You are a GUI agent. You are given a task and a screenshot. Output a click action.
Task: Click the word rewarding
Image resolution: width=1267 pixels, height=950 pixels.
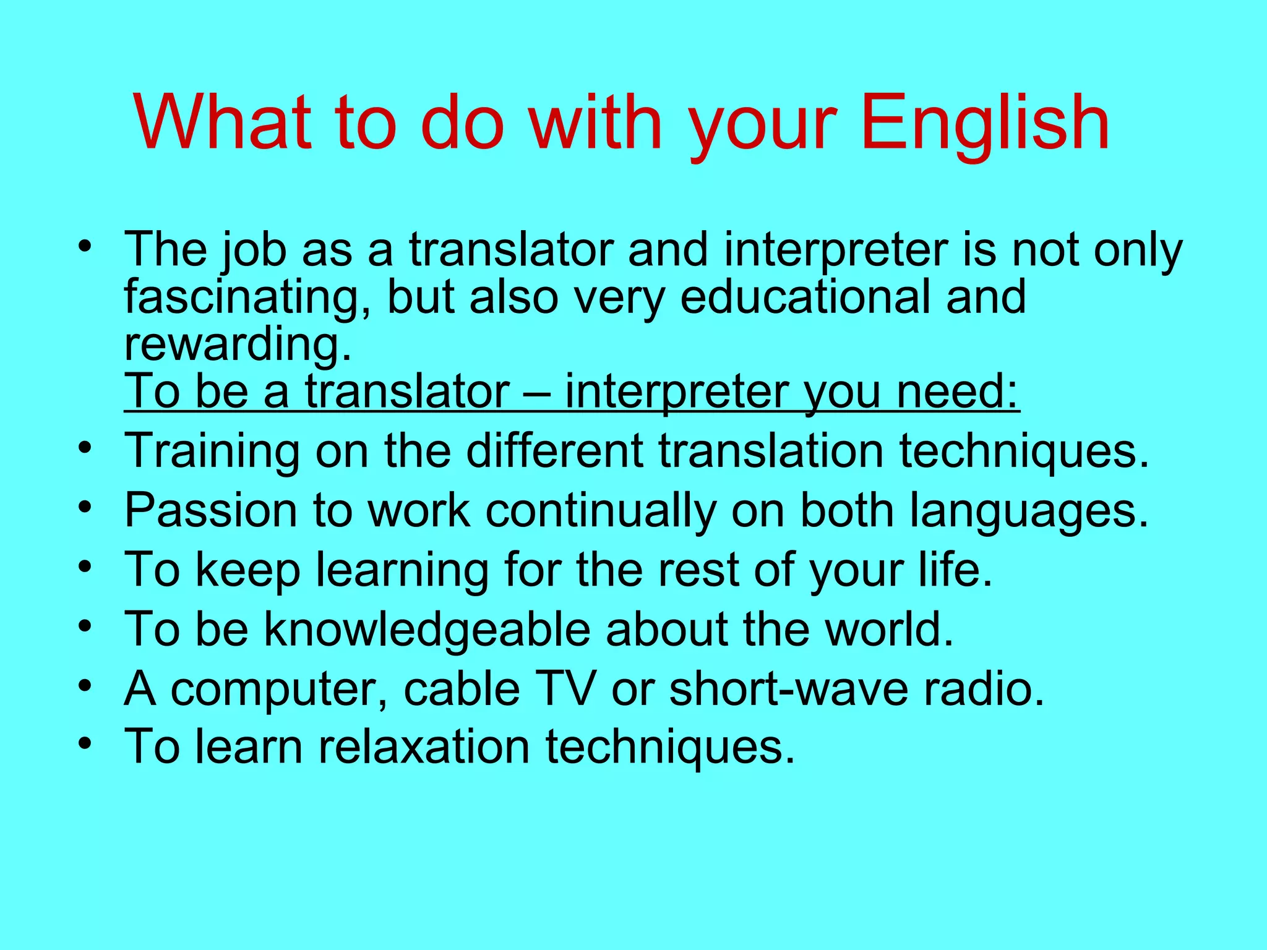(238, 345)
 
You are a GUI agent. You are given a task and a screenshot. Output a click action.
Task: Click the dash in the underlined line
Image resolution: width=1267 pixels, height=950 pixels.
(537, 392)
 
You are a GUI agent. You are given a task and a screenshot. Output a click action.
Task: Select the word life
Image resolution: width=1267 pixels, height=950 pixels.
(955, 569)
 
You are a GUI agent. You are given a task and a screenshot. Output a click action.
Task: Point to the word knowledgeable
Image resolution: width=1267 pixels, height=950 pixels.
(427, 630)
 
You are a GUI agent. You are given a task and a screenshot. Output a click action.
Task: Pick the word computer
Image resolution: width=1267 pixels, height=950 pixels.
(279, 689)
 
